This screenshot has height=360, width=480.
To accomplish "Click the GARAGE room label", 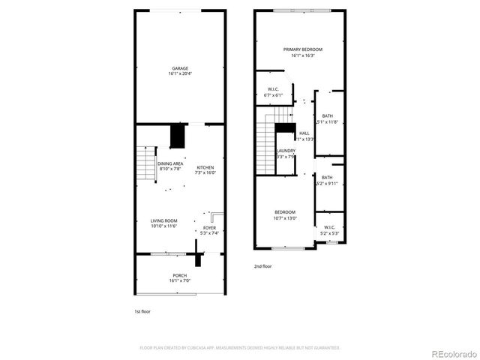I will (179, 68).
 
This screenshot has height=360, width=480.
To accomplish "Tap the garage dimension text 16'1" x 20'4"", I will (179, 73).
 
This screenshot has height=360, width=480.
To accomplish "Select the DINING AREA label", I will (170, 163).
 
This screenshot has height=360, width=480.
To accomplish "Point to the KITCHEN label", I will (205, 167).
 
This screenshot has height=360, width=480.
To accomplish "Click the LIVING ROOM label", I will (163, 220).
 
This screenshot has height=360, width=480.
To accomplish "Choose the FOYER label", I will (209, 228).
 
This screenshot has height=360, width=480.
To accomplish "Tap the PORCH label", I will (180, 275).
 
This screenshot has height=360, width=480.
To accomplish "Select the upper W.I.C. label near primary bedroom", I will (273, 90).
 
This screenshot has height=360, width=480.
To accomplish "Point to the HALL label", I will (304, 133).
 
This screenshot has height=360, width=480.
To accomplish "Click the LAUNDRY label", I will (286, 151).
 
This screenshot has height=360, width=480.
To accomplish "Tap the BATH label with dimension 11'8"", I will (328, 115).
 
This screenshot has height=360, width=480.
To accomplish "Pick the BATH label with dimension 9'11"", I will (328, 178).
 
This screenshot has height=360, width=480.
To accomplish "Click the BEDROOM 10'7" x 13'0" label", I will (285, 212).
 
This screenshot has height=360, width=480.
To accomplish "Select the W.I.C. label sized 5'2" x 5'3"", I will (330, 227).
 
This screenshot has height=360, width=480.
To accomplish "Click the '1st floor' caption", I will (142, 310).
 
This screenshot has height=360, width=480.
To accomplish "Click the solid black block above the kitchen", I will (178, 136).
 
